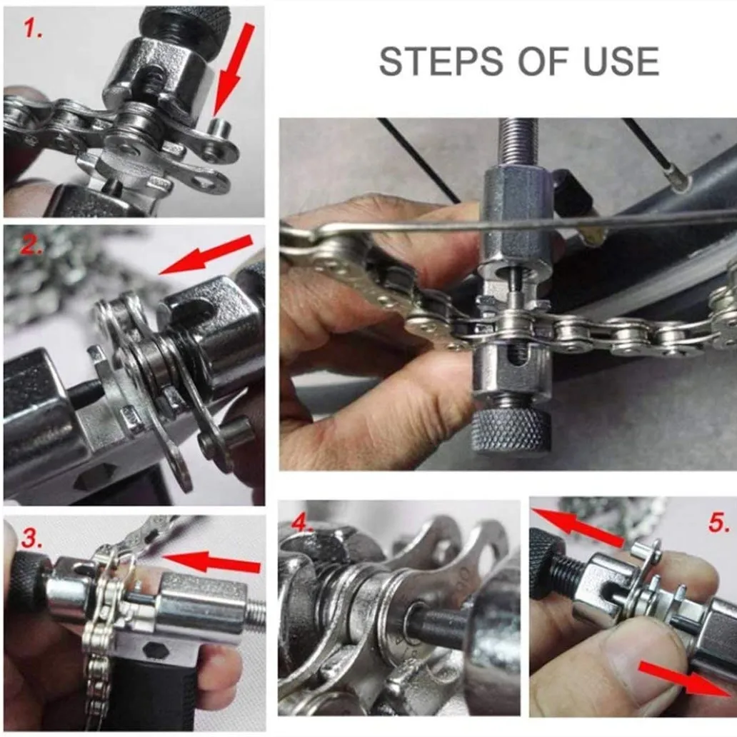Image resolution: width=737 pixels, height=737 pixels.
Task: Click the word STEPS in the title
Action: (441, 61)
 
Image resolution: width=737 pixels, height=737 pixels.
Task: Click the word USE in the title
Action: (621, 61)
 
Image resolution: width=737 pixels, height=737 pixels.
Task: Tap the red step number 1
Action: (33, 29)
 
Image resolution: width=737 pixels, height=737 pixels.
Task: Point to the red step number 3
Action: (31, 539)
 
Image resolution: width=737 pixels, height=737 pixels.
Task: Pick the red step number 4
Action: (302, 522)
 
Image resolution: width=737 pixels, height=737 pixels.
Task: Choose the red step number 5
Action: (718, 522)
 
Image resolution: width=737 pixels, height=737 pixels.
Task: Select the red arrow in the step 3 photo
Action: (210, 563)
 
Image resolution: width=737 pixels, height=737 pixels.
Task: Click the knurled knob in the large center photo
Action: (510, 431)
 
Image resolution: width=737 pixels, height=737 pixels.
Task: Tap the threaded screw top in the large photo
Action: (516, 144)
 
